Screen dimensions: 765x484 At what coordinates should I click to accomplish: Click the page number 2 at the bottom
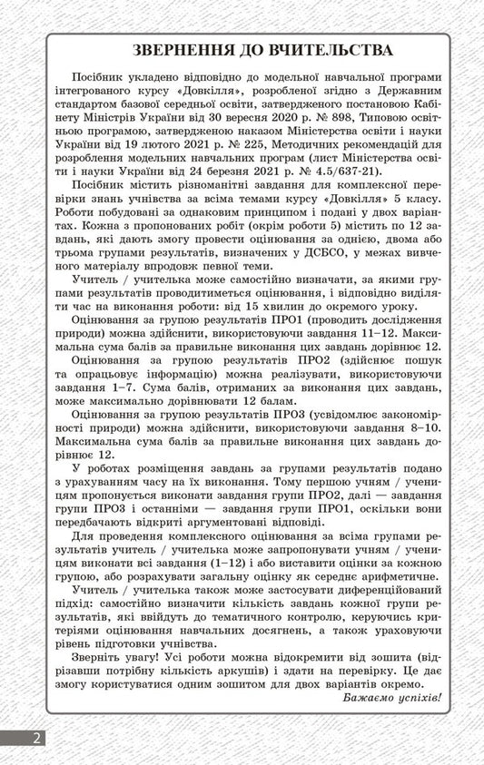point(37,737)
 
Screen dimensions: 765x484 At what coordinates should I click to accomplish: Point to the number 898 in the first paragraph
point(340,118)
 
